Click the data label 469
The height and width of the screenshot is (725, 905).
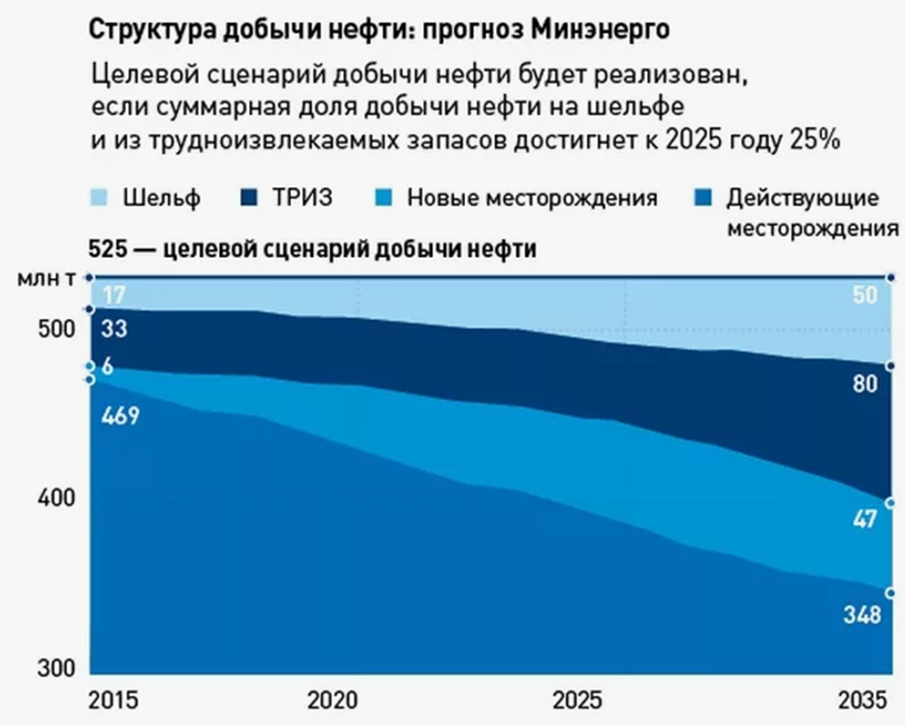tap(121, 417)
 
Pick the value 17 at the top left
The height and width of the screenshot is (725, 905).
tap(113, 294)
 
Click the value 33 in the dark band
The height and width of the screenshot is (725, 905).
tap(113, 329)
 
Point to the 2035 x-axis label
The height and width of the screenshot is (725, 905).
tap(861, 701)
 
